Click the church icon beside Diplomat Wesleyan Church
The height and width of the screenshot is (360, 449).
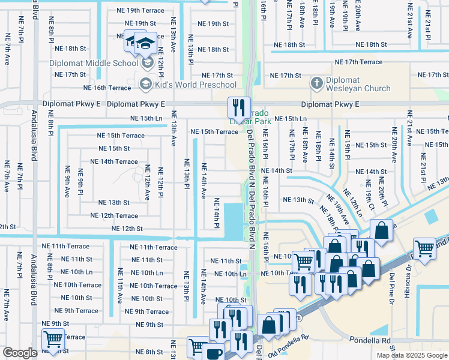(x=317, y=83)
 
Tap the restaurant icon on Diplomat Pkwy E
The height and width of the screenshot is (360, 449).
(x=238, y=108)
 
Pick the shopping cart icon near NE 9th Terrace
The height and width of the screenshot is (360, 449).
(x=53, y=340)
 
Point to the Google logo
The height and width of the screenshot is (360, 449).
(x=20, y=353)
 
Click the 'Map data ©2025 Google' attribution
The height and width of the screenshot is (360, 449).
(x=412, y=355)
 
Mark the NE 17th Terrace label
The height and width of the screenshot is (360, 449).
(x=358, y=62)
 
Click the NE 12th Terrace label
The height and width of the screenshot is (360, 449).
(x=114, y=215)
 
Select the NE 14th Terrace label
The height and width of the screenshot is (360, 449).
(x=114, y=161)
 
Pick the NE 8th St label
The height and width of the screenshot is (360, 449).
(x=149, y=352)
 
